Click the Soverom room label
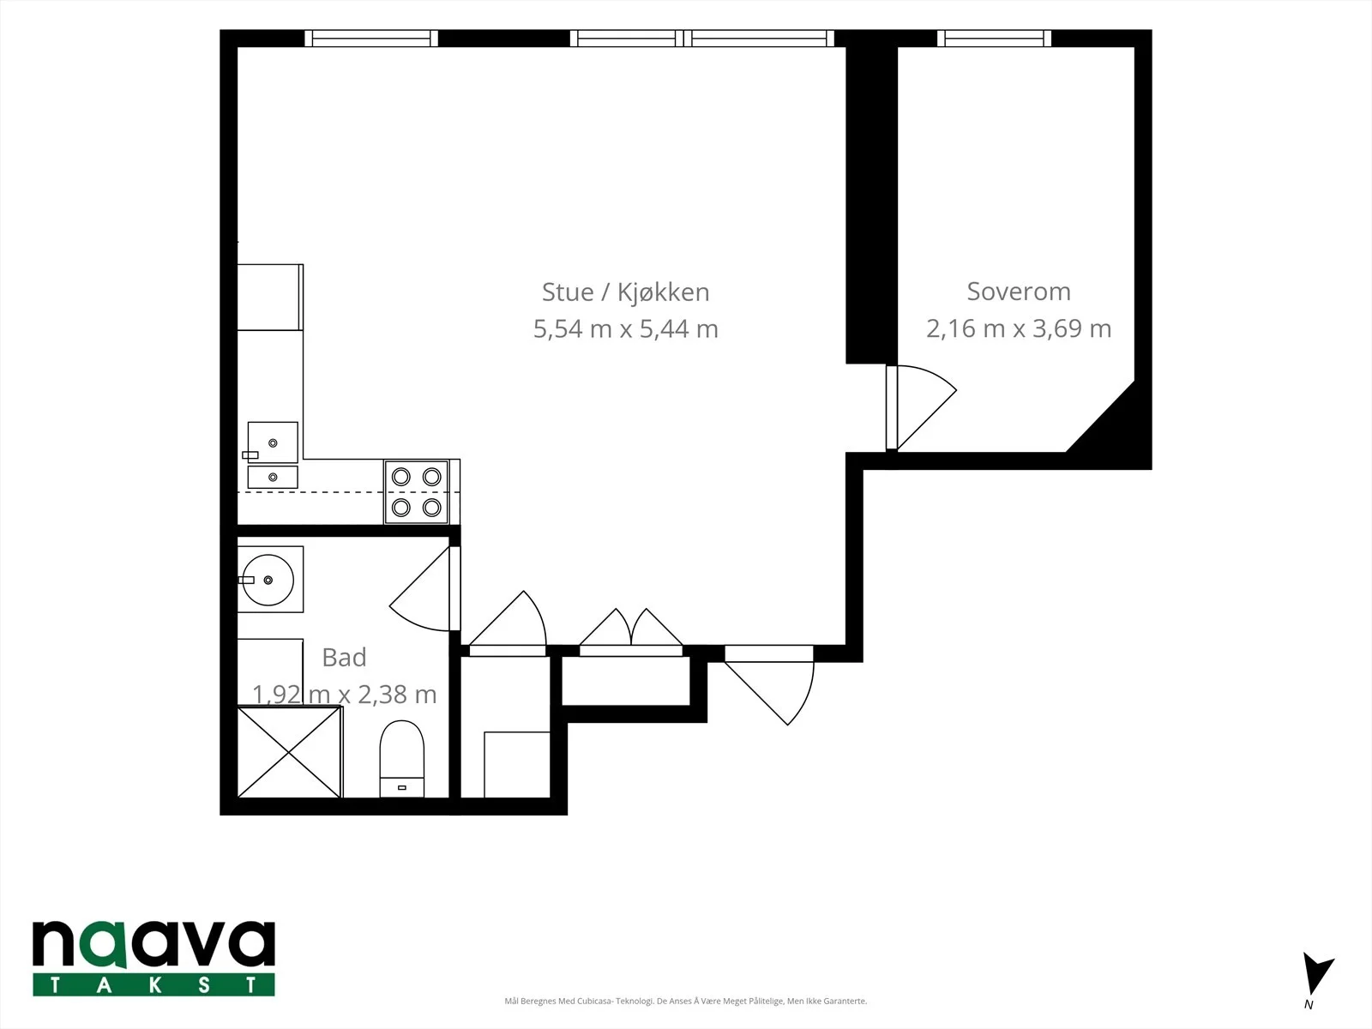1018,292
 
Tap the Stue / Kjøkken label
625,292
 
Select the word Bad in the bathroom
344,657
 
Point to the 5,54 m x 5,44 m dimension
625,329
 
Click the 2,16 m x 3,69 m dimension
1018,328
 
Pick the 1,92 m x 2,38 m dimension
344,694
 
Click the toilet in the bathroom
402,759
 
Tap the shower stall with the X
289,752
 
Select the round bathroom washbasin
268,580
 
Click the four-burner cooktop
416,492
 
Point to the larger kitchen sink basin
273,442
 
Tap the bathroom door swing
420,588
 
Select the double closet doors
630,628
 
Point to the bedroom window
994,38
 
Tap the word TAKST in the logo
153,984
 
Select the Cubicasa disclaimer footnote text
686,1001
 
